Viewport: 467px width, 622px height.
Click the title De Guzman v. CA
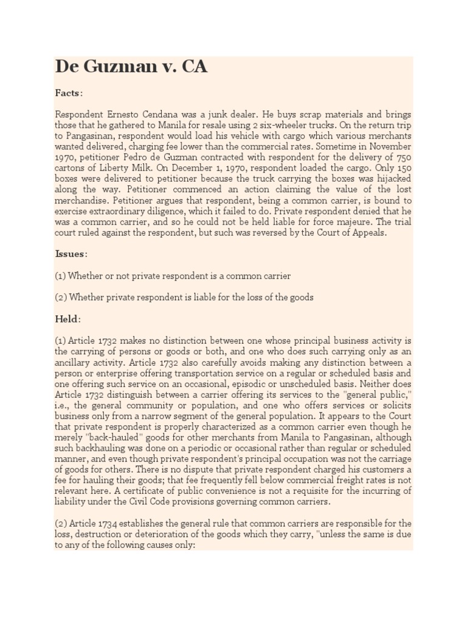131,66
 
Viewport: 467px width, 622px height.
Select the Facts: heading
69,93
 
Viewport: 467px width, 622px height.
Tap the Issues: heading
71,254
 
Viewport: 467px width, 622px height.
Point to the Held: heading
68,319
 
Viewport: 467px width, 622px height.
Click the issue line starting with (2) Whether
184,297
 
